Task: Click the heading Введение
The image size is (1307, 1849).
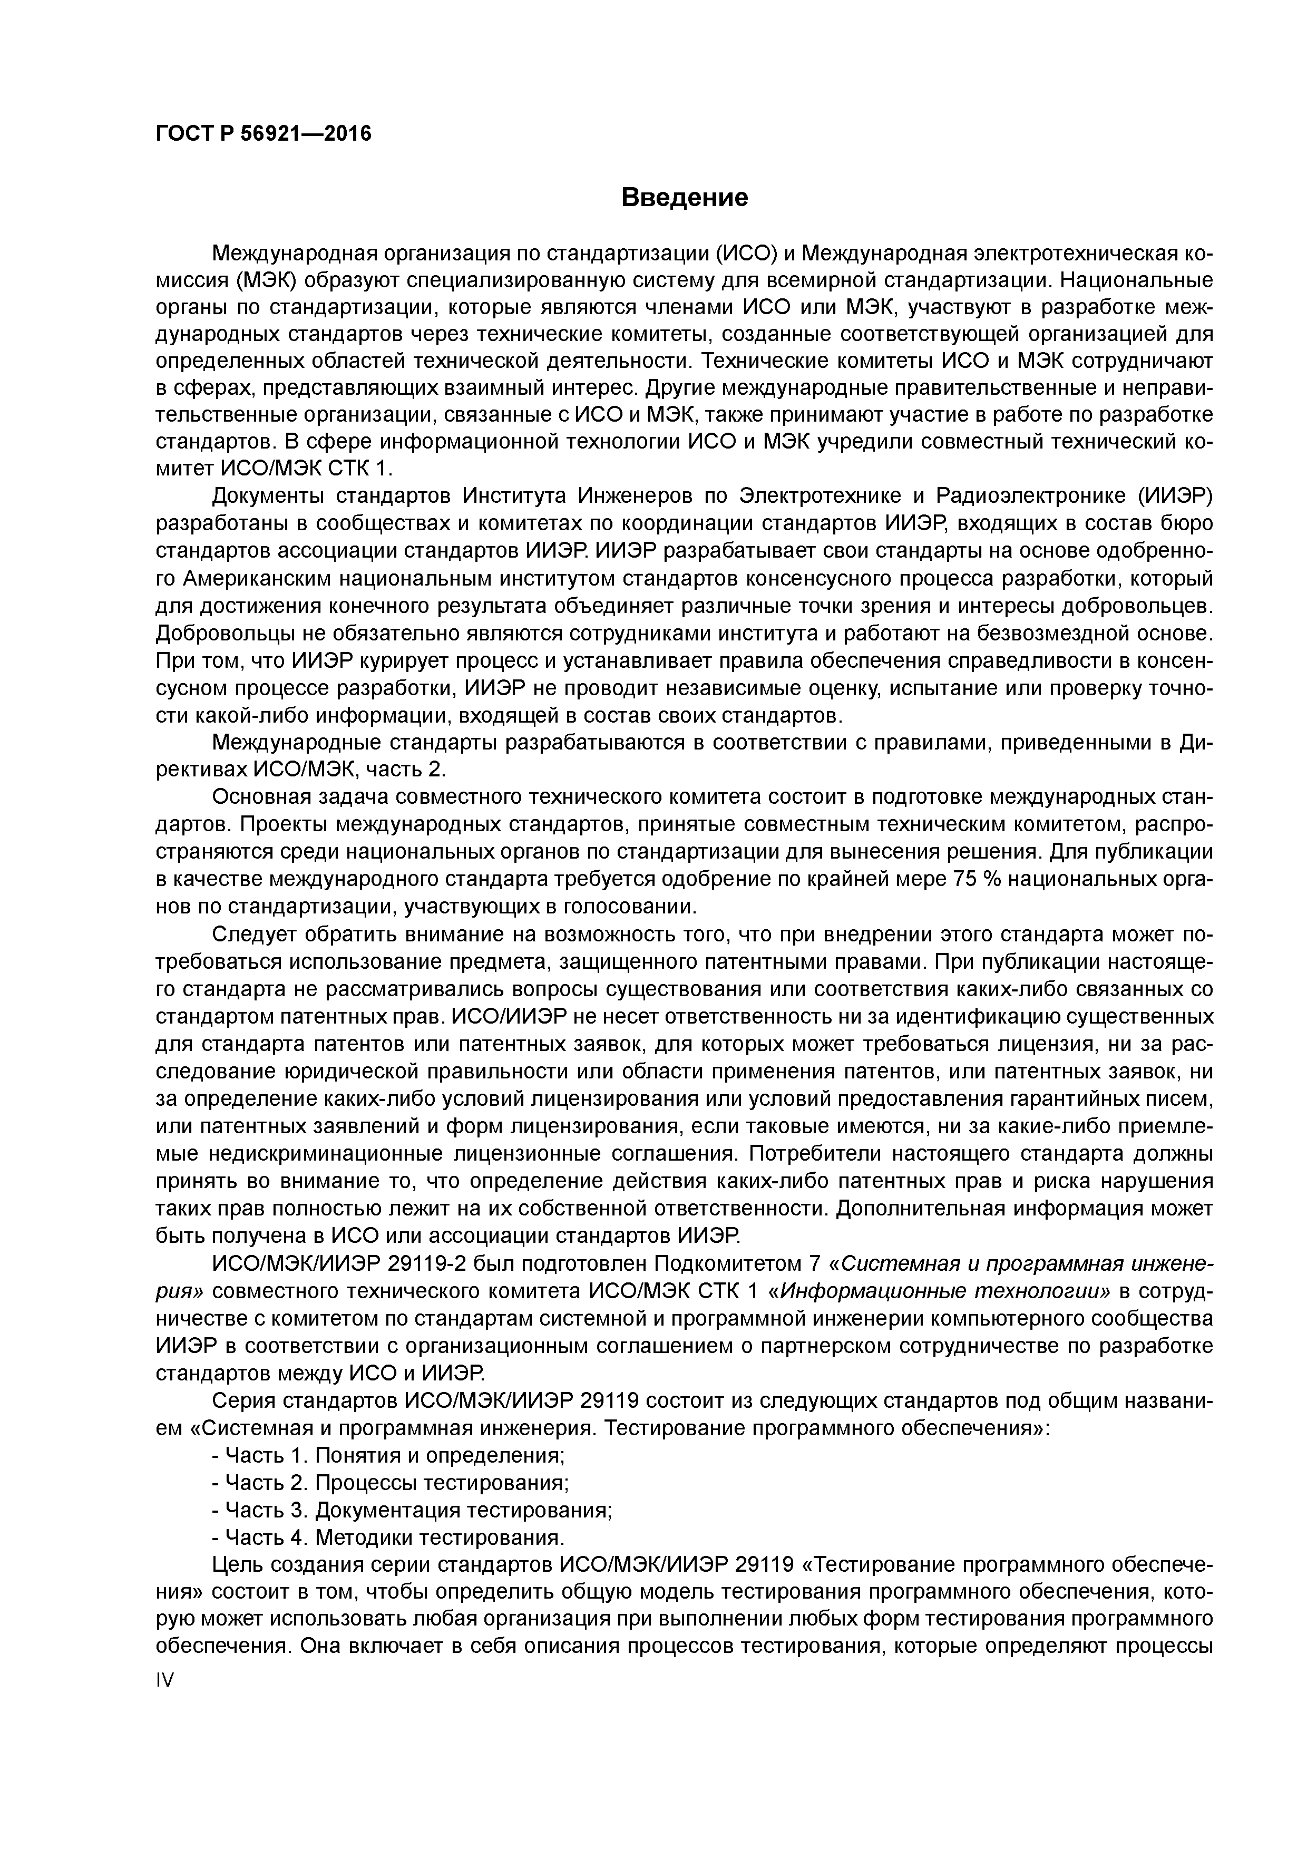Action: (685, 197)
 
